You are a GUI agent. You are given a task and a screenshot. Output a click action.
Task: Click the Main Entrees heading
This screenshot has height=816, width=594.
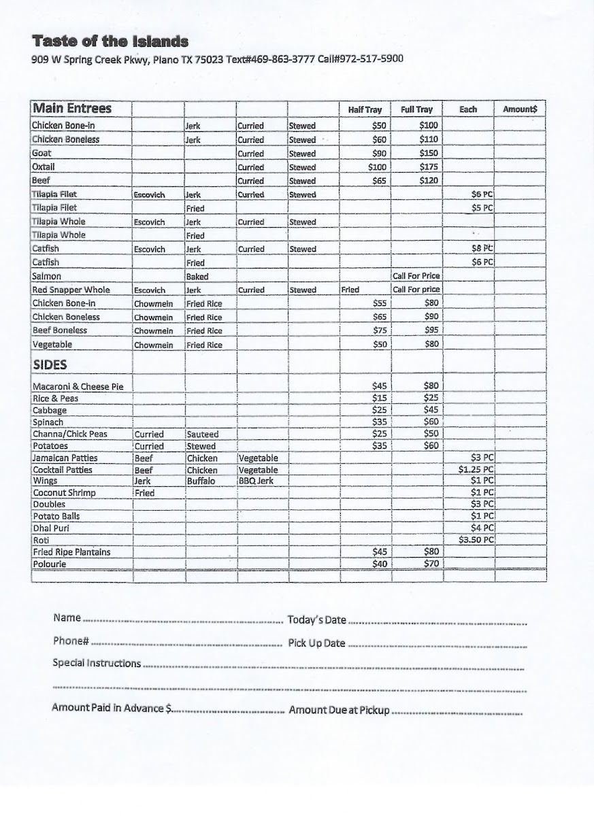[x=72, y=109]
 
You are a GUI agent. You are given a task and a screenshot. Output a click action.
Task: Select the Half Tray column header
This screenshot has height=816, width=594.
[x=365, y=110]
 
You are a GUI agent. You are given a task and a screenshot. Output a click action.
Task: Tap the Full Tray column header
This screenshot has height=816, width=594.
[x=416, y=110]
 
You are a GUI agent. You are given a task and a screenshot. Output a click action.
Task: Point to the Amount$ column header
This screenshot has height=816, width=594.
[x=520, y=109]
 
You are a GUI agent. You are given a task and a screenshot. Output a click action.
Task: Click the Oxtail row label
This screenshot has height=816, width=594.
[x=44, y=167]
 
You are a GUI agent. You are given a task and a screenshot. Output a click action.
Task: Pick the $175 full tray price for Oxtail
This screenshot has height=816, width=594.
[x=429, y=167]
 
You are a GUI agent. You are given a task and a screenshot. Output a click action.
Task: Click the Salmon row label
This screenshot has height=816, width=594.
[x=46, y=276]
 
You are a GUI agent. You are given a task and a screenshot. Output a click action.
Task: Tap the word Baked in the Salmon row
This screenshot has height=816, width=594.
[x=197, y=277]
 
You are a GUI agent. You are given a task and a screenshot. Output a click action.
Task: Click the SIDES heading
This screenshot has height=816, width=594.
[x=50, y=365]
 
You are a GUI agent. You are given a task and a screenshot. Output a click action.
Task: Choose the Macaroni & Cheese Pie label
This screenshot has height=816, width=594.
[x=78, y=386]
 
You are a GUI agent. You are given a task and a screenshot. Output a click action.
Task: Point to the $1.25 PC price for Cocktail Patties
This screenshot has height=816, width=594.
[x=476, y=469]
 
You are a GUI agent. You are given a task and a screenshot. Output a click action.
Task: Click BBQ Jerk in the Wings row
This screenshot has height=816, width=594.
[x=254, y=481]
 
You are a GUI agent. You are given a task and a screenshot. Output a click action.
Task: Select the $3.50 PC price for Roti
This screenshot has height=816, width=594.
[x=476, y=540]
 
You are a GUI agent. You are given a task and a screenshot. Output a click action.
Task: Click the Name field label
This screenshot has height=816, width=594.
[x=67, y=618]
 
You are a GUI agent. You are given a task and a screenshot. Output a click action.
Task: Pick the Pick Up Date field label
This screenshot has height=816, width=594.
[x=316, y=643]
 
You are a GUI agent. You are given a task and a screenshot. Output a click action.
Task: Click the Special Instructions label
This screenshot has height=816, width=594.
[x=97, y=663]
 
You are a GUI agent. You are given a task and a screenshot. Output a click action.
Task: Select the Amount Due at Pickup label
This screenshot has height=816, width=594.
[x=340, y=710]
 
